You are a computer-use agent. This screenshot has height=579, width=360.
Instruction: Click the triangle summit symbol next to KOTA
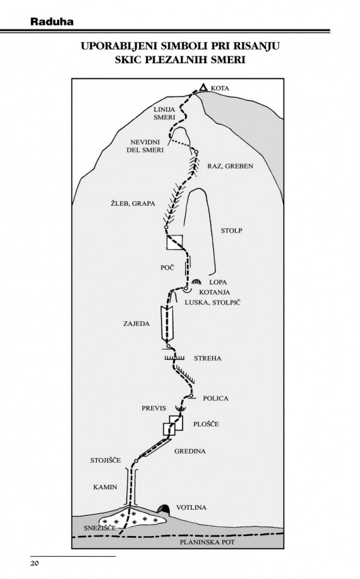[203, 87]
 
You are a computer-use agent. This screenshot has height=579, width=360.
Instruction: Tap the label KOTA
[220, 88]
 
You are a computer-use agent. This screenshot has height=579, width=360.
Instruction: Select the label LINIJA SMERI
[164, 113]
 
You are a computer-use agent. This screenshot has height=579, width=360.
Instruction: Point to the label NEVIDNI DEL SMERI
[145, 146]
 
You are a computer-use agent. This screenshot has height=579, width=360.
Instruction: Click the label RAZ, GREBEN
[230, 166]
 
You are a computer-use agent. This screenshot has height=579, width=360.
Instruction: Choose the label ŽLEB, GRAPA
[133, 203]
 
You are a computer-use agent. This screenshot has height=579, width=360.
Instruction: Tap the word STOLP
[232, 231]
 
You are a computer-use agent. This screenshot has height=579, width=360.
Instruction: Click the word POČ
[167, 267]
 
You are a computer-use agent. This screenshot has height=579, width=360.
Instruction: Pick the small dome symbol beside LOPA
[196, 282]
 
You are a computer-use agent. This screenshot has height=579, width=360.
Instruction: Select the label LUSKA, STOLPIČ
[213, 302]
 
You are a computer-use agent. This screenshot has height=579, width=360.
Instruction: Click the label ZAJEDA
[136, 324]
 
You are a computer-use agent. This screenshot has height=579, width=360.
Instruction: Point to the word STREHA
[207, 358]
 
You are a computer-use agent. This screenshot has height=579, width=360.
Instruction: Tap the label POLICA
[216, 398]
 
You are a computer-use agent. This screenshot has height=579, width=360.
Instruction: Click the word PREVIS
[154, 408]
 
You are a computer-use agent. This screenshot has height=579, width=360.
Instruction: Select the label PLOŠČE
[206, 424]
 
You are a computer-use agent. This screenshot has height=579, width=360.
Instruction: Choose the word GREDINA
[190, 451]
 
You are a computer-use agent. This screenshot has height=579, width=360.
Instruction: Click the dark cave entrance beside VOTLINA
[164, 509]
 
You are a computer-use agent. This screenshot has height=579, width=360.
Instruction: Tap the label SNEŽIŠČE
[100, 528]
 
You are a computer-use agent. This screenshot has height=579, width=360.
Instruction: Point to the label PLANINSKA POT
[207, 542]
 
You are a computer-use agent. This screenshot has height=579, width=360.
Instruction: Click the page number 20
[35, 563]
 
